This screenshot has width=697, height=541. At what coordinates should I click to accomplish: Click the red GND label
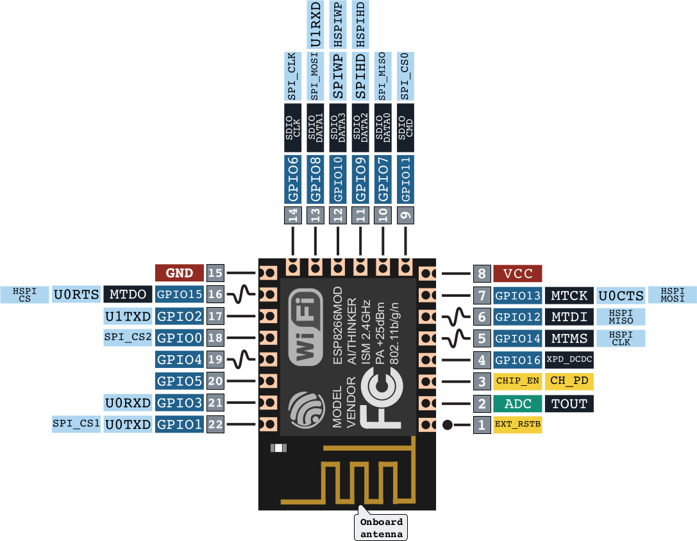click(180, 272)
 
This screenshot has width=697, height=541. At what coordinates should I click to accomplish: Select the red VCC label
click(518, 274)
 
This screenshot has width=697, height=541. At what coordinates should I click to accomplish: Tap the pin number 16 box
click(215, 294)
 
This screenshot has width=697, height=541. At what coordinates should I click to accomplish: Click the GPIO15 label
click(180, 294)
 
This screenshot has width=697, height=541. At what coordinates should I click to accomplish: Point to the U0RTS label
click(76, 294)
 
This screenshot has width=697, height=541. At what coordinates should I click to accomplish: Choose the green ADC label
click(517, 403)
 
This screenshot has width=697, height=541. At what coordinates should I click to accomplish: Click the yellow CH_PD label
click(569, 381)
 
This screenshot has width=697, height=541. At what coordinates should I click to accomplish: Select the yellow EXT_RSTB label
click(517, 424)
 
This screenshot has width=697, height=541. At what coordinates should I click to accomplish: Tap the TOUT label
click(569, 403)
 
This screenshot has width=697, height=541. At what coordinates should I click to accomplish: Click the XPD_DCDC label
click(569, 360)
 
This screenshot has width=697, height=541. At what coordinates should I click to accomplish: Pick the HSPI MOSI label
click(671, 295)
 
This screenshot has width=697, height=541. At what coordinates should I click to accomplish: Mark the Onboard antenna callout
click(381, 527)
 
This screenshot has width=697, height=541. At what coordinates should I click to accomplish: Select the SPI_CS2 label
click(128, 337)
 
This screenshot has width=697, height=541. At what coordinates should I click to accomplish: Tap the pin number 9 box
click(405, 215)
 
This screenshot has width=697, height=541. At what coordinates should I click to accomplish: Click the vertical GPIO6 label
click(294, 179)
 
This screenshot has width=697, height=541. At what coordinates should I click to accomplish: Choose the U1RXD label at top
click(315, 25)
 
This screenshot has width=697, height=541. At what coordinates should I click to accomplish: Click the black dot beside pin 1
click(448, 424)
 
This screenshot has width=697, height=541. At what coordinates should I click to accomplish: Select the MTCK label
click(569, 295)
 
